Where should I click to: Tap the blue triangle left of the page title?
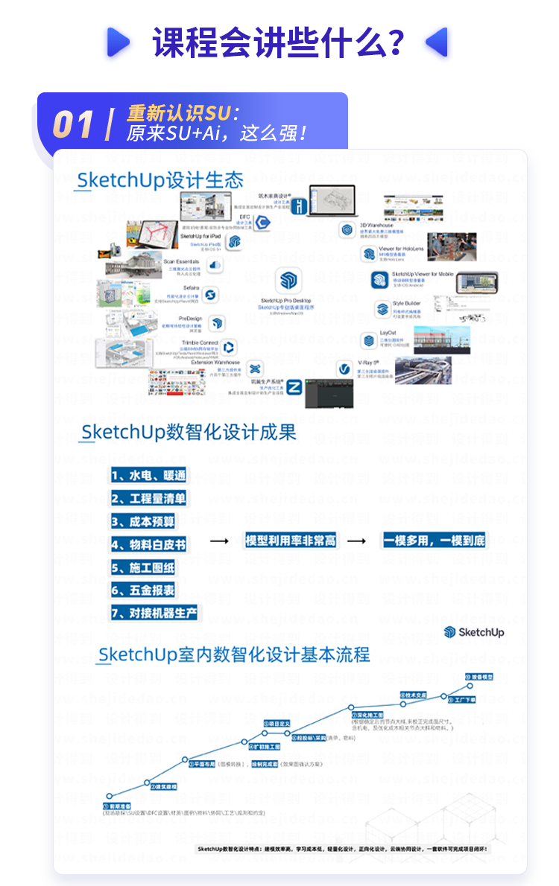click(118, 42)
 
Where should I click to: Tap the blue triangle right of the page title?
click(437, 42)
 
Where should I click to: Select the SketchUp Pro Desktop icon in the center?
click(287, 281)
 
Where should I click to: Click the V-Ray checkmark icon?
click(344, 369)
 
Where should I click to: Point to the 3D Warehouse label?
click(376, 225)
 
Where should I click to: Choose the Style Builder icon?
click(382, 308)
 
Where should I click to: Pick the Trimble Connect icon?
click(229, 347)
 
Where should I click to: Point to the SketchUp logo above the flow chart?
click(474, 632)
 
